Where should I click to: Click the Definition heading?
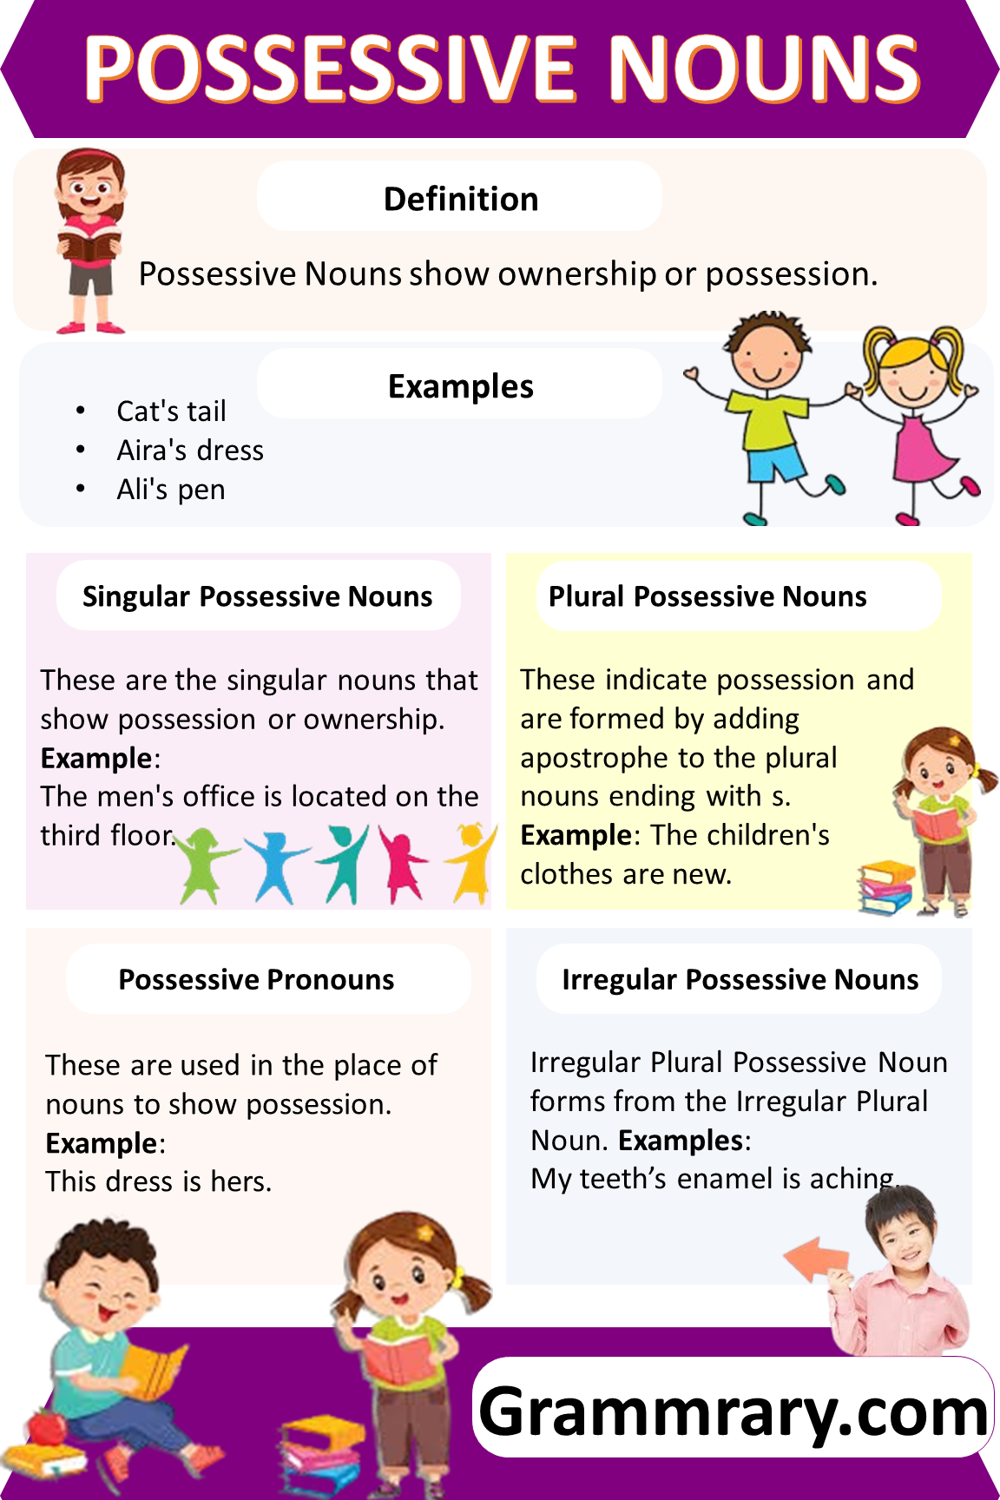click(x=461, y=199)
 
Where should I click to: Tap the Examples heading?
click(x=461, y=386)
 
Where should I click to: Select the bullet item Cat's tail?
click(x=171, y=411)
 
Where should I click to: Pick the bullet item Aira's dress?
click(x=190, y=451)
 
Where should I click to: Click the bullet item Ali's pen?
click(x=171, y=490)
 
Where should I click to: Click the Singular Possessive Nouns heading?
click(x=257, y=596)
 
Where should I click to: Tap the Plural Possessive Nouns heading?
click(x=707, y=596)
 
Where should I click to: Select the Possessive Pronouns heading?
click(x=256, y=979)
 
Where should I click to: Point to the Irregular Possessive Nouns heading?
click(x=740, y=979)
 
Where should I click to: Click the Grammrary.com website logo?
click(x=734, y=1411)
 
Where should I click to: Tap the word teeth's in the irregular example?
click(x=622, y=1179)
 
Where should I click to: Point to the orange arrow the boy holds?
click(x=816, y=1259)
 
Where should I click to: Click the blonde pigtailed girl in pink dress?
click(x=916, y=417)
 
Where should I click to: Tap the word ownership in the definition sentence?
click(x=576, y=274)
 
